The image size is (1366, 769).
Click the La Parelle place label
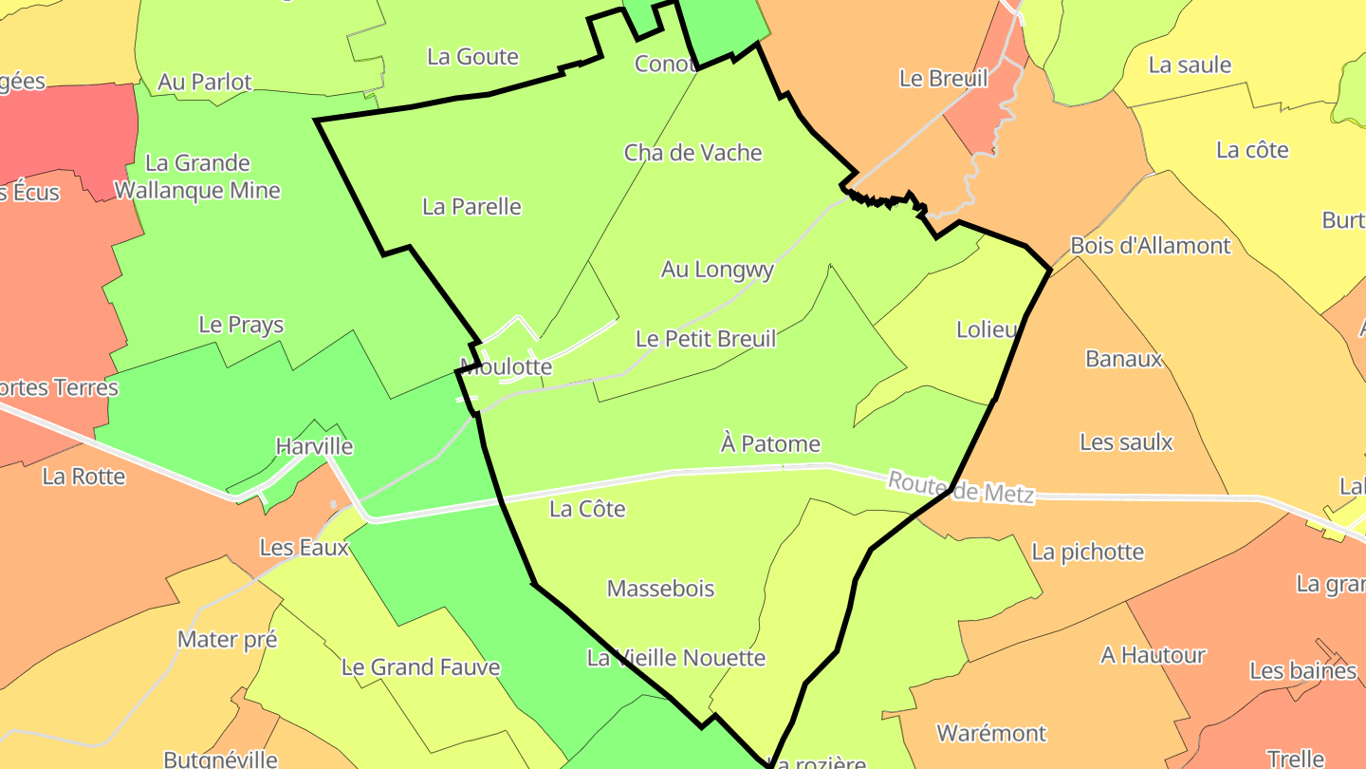471,207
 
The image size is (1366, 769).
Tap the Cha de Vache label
692,153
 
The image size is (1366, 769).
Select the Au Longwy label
717,270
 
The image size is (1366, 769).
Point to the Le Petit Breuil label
706,339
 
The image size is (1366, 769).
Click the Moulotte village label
505,366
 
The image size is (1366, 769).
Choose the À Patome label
770,443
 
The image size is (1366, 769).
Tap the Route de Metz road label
960,487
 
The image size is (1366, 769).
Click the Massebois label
660,589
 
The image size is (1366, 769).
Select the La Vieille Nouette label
675,658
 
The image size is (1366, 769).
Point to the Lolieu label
988,330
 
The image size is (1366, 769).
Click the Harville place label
314,446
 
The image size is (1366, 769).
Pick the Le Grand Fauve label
420,667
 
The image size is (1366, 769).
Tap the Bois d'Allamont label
1150,246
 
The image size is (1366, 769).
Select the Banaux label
1123,359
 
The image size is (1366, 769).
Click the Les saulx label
1126,442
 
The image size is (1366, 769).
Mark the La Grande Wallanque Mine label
197,177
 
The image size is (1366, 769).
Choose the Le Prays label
241,325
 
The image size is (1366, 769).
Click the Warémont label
991,733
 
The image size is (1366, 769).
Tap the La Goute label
472,57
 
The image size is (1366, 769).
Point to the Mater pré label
227,640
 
